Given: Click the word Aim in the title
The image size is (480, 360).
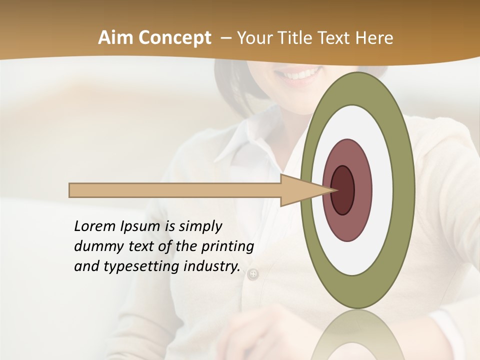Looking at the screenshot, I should [x=116, y=38].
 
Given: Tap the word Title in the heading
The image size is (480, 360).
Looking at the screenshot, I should [x=298, y=38].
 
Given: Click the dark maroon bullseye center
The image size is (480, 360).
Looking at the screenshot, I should [x=343, y=190].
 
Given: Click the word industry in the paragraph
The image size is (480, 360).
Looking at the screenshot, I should [x=211, y=267].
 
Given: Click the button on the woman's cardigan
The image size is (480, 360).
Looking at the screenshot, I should [x=253, y=274].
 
